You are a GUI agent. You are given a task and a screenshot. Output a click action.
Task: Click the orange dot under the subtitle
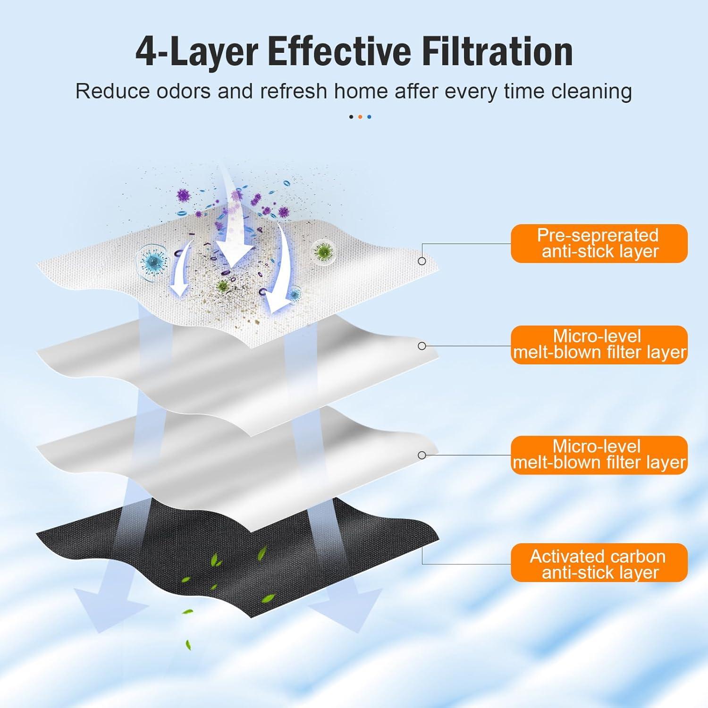pyautogui.click(x=360, y=117)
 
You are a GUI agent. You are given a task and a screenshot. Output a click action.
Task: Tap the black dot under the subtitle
pyautogui.click(x=351, y=117)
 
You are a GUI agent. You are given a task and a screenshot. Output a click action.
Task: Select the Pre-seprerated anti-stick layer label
pyautogui.click(x=599, y=244)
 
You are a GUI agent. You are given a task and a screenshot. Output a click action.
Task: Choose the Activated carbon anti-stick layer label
pyautogui.click(x=599, y=563)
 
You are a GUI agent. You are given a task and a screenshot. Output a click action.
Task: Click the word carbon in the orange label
pyautogui.click(x=638, y=556)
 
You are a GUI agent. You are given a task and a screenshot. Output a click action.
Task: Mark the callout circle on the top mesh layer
pyautogui.click(x=422, y=261)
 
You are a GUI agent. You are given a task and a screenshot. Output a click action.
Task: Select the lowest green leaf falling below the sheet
pyautogui.click(x=188, y=644)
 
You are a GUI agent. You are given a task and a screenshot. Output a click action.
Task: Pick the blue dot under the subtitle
pyautogui.click(x=369, y=117)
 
